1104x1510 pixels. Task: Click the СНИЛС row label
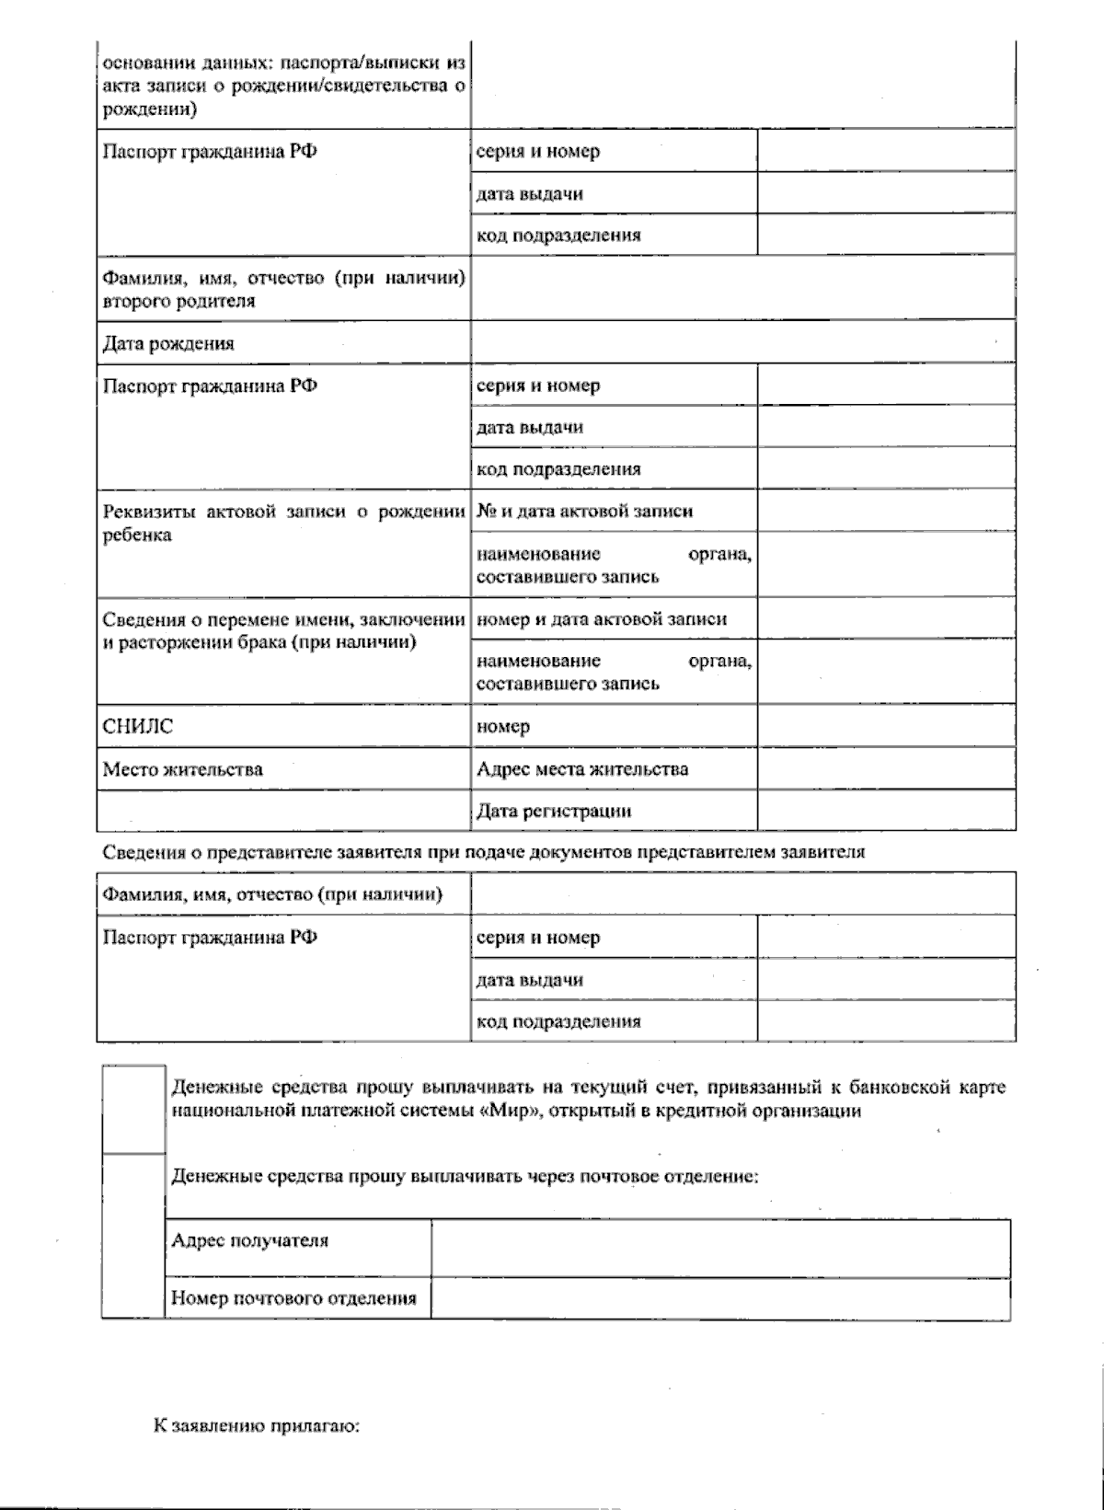138,727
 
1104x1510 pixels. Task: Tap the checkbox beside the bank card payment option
132,1108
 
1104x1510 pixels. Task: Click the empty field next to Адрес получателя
719,1248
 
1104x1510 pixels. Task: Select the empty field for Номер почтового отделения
719,1298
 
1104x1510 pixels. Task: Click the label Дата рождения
168,344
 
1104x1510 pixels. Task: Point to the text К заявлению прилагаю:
256,1427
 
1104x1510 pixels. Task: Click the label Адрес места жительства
581,769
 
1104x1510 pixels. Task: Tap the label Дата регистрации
554,812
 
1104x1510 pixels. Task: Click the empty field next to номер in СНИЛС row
886,727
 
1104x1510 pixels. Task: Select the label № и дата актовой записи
584,512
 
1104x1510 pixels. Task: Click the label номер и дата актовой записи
601,619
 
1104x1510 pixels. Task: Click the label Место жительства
182,769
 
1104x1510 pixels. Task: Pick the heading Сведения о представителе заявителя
483,852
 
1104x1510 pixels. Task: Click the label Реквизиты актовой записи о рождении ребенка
282,523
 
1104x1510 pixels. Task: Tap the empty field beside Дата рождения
742,342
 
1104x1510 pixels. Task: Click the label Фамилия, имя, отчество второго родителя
282,289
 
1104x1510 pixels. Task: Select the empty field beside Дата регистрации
886,811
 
